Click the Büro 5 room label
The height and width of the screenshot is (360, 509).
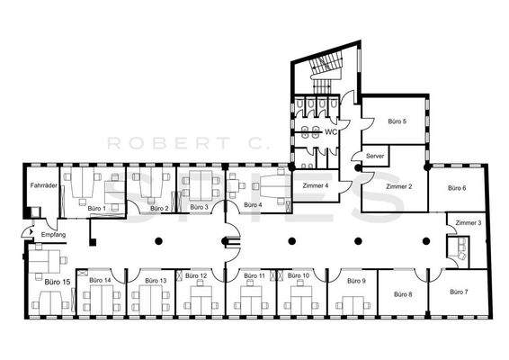(397, 121)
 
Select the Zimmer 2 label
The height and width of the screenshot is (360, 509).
(398, 186)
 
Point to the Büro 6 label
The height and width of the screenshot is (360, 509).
(457, 188)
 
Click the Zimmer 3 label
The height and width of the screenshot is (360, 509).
(468, 222)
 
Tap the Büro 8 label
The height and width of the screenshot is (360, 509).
(403, 294)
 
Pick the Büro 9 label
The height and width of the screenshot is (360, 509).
(355, 281)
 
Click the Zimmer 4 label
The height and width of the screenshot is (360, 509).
(315, 185)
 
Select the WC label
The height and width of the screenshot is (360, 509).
(330, 131)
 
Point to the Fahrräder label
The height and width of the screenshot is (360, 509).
(44, 185)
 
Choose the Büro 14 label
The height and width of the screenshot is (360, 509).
(101, 280)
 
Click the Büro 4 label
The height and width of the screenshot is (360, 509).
(253, 205)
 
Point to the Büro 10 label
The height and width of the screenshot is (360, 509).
(299, 275)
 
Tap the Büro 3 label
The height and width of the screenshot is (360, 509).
(201, 207)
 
